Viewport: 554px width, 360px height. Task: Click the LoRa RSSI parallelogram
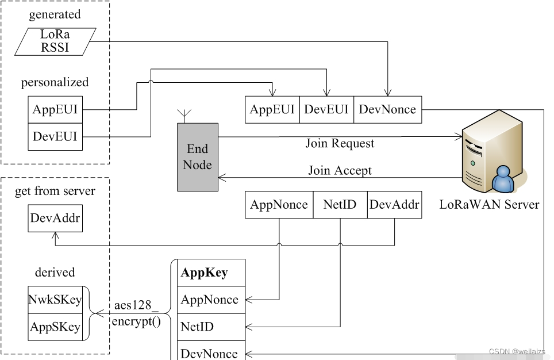pyautogui.click(x=55, y=41)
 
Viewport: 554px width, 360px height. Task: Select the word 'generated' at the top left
pyautogui.click(x=55, y=15)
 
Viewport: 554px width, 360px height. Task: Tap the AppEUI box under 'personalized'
pyautogui.click(x=55, y=109)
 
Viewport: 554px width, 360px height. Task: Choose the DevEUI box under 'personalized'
pyautogui.click(x=55, y=137)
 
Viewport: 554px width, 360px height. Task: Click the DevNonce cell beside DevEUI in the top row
pyautogui.click(x=387, y=109)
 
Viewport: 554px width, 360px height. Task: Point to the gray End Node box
pyautogui.click(x=198, y=157)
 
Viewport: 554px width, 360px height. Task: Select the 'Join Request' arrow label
pyautogui.click(x=340, y=143)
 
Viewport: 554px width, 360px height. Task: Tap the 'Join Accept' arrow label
pyautogui.click(x=340, y=170)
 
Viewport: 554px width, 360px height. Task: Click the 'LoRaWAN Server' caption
pyautogui.click(x=489, y=204)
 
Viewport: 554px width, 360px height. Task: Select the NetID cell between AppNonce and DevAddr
pyautogui.click(x=340, y=205)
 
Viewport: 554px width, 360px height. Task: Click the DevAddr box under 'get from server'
pyautogui.click(x=55, y=219)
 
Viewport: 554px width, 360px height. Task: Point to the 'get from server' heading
pyautogui.click(x=55, y=191)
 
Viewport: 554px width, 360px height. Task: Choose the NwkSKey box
pyautogui.click(x=55, y=300)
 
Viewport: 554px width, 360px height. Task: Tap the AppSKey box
pyautogui.click(x=55, y=327)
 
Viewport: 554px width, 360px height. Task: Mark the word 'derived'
pyautogui.click(x=55, y=272)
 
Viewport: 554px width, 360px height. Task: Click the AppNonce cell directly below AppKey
pyautogui.click(x=209, y=300)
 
